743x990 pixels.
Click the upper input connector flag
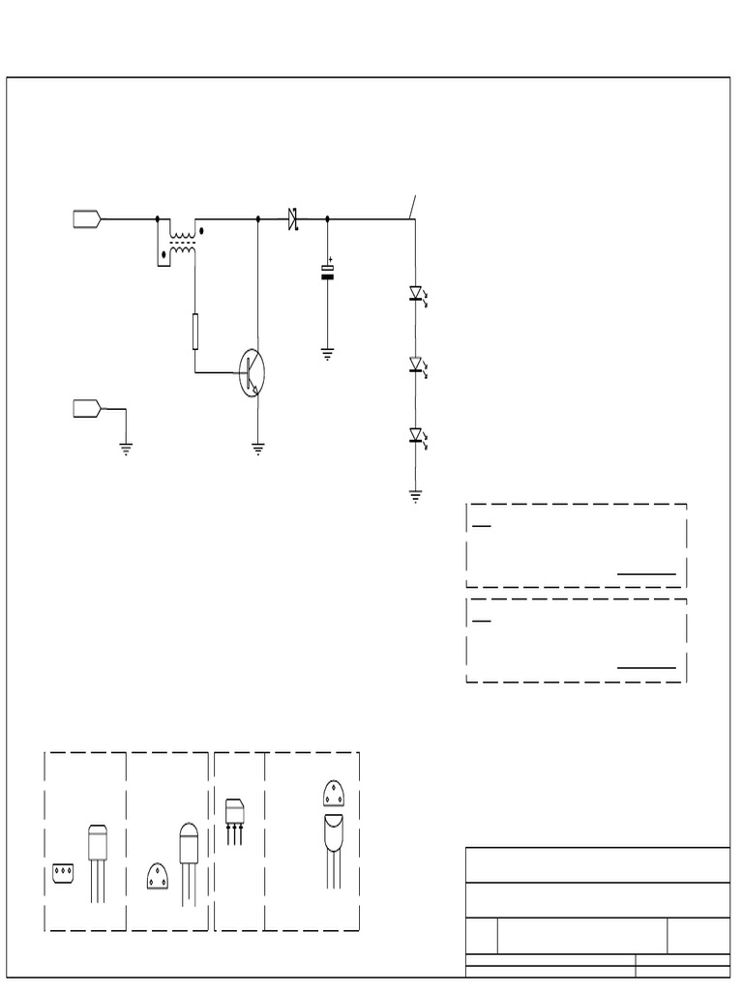[86, 219]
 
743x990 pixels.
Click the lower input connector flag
[86, 409]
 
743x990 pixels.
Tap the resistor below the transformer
[195, 331]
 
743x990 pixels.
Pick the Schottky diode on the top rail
[292, 219]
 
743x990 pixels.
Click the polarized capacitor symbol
[327, 273]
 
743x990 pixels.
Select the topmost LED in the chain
[416, 293]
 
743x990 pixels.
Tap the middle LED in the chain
[416, 364]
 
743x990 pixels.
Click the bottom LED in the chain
[416, 436]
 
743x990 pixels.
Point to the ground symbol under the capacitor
[327, 355]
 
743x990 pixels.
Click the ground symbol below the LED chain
[416, 497]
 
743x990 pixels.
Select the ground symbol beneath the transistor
[258, 449]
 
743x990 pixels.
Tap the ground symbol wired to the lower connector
[126, 449]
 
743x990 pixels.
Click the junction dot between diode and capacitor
[327, 219]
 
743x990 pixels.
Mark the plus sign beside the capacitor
[331, 258]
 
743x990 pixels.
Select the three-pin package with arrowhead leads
[234, 818]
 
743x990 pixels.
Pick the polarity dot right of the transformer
[201, 231]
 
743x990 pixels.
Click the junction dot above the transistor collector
[258, 219]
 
